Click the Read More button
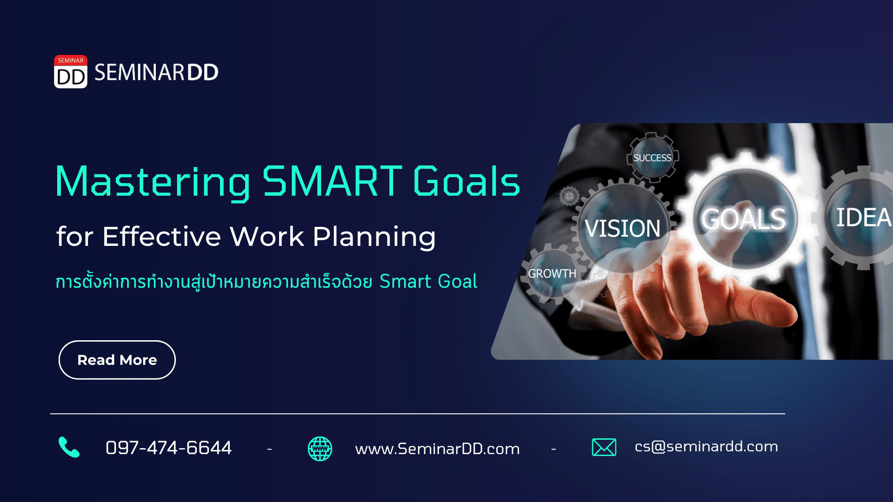(x=117, y=360)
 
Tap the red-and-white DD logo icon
(x=71, y=72)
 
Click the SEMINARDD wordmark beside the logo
(x=156, y=73)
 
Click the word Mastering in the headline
(x=153, y=183)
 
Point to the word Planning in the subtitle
(x=374, y=238)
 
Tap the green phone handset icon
(x=69, y=447)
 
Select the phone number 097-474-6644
(x=168, y=448)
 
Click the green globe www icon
(x=320, y=449)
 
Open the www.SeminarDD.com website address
(x=437, y=449)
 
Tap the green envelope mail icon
(x=604, y=447)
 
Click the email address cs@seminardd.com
(x=706, y=446)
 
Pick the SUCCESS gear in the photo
(x=653, y=158)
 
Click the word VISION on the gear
(x=622, y=228)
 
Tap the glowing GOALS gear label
(x=743, y=219)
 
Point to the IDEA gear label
(x=863, y=217)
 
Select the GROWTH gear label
(x=552, y=273)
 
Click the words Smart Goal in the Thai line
(x=428, y=281)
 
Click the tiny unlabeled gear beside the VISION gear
(x=569, y=196)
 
